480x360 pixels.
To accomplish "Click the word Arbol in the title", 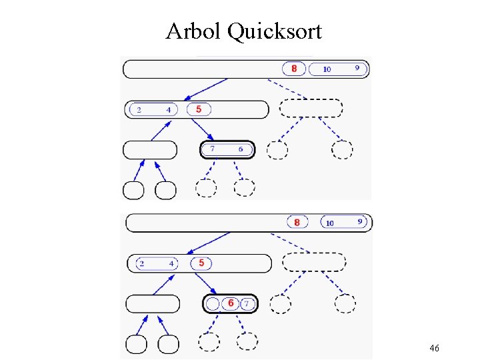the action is pyautogui.click(x=194, y=31).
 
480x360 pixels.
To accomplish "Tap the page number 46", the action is pyautogui.click(x=434, y=348).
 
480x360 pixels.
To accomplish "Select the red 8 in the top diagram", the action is pyautogui.click(x=294, y=69).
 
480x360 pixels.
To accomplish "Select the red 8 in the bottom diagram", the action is pyautogui.click(x=297, y=222).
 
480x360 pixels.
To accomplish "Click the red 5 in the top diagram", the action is pyautogui.click(x=199, y=109).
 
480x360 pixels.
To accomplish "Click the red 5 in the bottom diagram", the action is pyautogui.click(x=201, y=263).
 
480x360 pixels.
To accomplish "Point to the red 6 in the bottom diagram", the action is pyautogui.click(x=231, y=304).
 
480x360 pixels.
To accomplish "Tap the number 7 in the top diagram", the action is pyautogui.click(x=213, y=149).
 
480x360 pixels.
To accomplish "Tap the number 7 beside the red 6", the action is pyautogui.click(x=247, y=305).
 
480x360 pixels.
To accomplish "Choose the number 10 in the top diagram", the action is pyautogui.click(x=327, y=69).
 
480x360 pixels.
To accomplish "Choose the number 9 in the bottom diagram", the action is pyautogui.click(x=360, y=221).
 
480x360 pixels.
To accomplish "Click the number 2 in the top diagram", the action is pyautogui.click(x=139, y=110).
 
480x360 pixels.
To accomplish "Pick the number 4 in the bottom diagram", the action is pyautogui.click(x=171, y=264).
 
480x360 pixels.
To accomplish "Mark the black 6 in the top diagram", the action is pyautogui.click(x=240, y=149).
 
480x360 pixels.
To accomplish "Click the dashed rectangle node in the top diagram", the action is pyautogui.click(x=311, y=108).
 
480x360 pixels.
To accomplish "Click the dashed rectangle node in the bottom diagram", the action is pyautogui.click(x=313, y=262).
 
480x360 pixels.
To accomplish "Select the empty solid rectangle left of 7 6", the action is pyautogui.click(x=150, y=150).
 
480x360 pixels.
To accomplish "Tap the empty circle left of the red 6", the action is pyautogui.click(x=213, y=305).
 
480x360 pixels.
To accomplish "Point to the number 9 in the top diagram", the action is pyautogui.click(x=357, y=68).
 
